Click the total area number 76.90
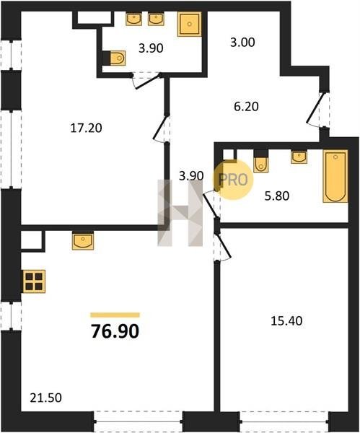click(x=115, y=331)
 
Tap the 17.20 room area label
click(x=86, y=128)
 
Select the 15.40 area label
click(x=286, y=321)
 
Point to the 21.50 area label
click(x=45, y=398)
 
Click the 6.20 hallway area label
click(x=246, y=107)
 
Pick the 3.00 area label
click(x=242, y=43)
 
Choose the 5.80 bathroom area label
click(x=277, y=196)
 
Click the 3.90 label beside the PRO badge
click(x=191, y=176)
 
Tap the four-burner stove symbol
click(x=34, y=281)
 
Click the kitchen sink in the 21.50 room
click(x=83, y=240)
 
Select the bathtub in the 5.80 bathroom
click(x=335, y=176)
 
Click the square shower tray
click(x=189, y=25)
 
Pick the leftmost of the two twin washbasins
click(x=134, y=19)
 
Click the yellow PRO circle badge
click(x=233, y=180)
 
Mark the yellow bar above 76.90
click(x=115, y=315)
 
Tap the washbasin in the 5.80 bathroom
click(x=299, y=157)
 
